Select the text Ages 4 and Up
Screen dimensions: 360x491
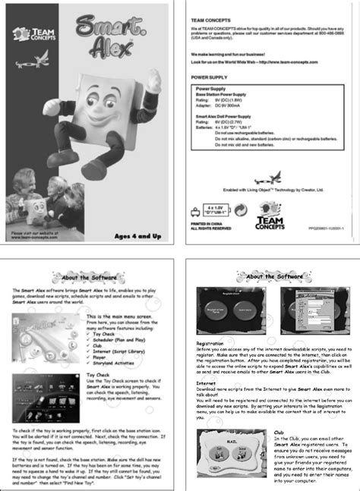coord(141,236)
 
